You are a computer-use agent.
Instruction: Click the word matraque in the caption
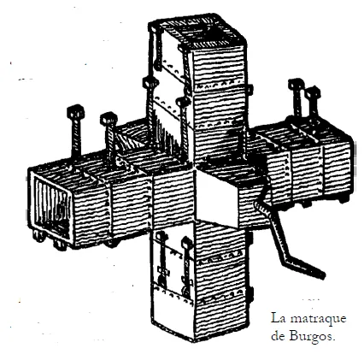click(x=318, y=319)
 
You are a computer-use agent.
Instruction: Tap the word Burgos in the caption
click(x=311, y=337)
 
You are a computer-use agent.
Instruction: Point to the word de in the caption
click(x=278, y=336)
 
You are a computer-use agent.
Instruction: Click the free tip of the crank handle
click(x=322, y=275)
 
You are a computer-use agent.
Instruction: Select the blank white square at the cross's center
click(x=217, y=198)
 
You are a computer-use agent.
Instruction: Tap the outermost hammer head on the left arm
click(x=75, y=112)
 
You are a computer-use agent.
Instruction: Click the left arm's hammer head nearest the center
click(x=109, y=119)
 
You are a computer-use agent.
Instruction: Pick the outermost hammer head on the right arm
click(x=313, y=93)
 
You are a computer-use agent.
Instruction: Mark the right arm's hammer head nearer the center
click(x=296, y=85)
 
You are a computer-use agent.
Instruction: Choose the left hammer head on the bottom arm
click(x=162, y=236)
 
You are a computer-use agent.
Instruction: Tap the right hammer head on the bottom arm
click(x=187, y=242)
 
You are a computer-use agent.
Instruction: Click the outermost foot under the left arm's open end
click(x=38, y=236)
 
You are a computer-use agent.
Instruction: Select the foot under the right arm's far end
click(x=344, y=198)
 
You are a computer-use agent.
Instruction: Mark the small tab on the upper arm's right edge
click(x=250, y=90)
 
